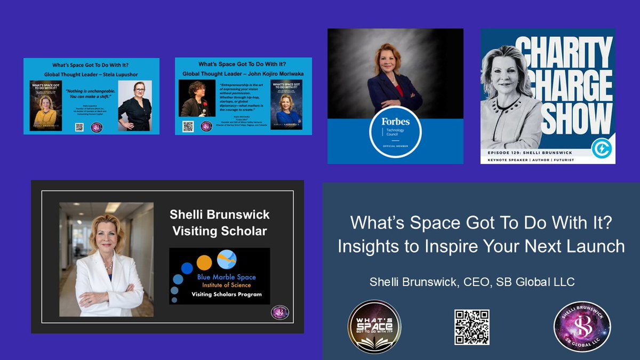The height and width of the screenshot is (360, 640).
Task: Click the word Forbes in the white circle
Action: coord(395,122)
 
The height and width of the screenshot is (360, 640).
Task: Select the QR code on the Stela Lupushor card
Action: coord(79,127)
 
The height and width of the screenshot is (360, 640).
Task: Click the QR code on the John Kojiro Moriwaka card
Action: coord(188,126)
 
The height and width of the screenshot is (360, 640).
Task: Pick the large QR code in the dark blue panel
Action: coord(472,327)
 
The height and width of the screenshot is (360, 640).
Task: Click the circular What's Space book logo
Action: coord(374,326)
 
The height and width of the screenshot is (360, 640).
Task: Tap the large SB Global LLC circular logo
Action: coord(582,326)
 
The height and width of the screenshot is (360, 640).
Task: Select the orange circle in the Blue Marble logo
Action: coord(204,262)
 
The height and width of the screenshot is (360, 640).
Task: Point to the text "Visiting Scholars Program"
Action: coord(227,294)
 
